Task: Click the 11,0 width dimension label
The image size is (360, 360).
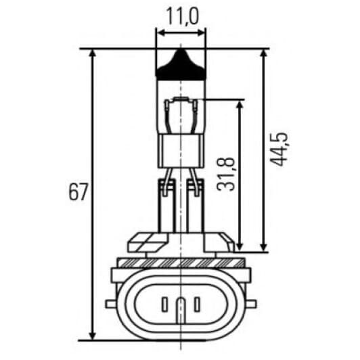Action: [181, 16]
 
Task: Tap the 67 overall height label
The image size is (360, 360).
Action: [78, 192]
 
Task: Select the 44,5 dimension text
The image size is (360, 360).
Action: [279, 149]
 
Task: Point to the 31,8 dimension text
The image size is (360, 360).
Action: [226, 174]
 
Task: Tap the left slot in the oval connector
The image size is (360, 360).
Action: [164, 305]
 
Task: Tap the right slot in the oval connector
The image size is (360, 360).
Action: [197, 305]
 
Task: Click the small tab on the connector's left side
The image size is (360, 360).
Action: [111, 304]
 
